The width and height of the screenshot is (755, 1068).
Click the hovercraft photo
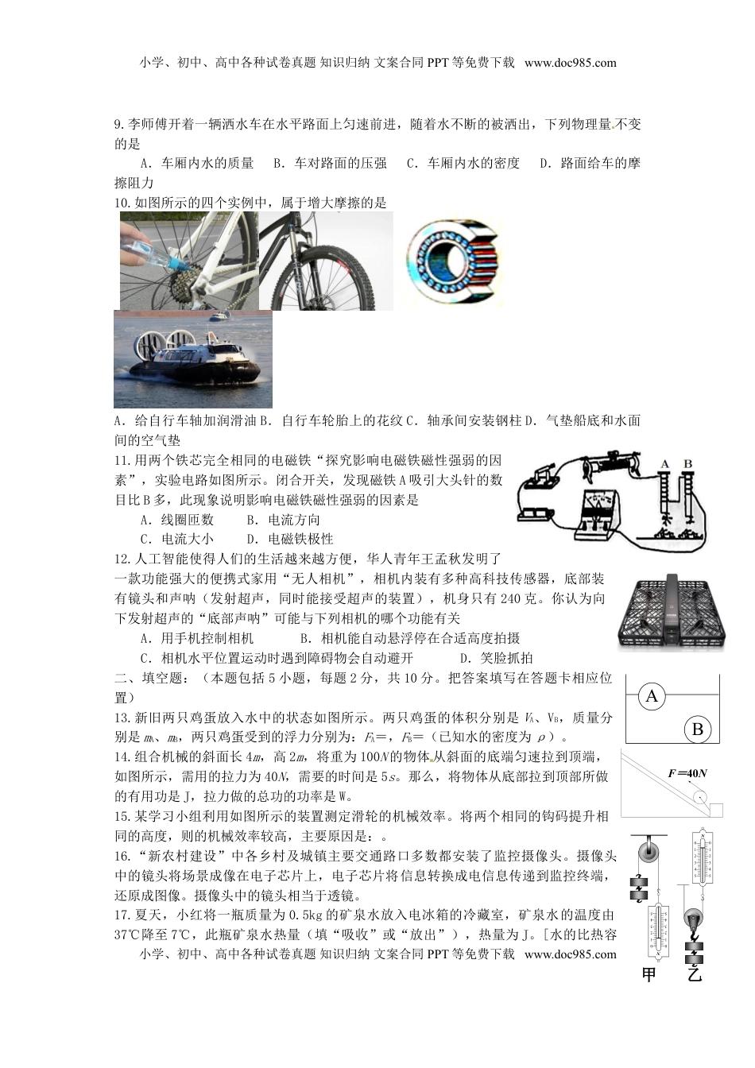[x=193, y=359]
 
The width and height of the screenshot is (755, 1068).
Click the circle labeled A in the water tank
[x=652, y=697]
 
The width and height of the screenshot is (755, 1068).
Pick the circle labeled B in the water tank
[x=697, y=729]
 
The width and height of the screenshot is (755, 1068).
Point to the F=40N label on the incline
[x=687, y=773]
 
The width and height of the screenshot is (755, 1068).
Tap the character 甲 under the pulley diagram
[x=649, y=974]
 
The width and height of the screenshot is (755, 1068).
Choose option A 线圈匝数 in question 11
[x=177, y=520]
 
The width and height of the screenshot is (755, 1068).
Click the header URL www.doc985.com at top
[x=570, y=63]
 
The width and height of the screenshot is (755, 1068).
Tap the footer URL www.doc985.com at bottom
[x=570, y=954]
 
